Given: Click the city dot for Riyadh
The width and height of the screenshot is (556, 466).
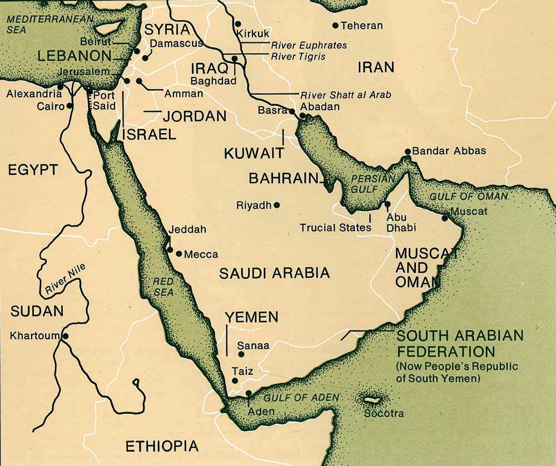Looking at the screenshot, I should click(277, 205).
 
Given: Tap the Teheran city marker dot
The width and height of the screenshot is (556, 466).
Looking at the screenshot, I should click(335, 26).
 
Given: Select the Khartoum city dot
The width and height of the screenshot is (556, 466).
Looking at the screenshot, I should click(66, 336).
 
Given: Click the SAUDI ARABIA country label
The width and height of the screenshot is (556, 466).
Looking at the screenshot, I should click(274, 273).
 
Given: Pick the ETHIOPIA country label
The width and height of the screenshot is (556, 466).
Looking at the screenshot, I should click(161, 446).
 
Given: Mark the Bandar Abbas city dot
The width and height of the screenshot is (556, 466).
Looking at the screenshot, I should click(408, 151).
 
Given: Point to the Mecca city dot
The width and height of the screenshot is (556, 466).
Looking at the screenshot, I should click(178, 254).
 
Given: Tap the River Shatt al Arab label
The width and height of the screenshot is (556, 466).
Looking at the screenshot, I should click(345, 95).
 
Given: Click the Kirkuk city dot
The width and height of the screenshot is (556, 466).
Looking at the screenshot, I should click(237, 24).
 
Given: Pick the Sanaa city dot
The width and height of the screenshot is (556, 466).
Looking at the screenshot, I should click(241, 354).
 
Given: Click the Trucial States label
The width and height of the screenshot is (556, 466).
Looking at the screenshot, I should click(335, 227).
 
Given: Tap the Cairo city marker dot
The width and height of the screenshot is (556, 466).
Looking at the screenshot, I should click(69, 106).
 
